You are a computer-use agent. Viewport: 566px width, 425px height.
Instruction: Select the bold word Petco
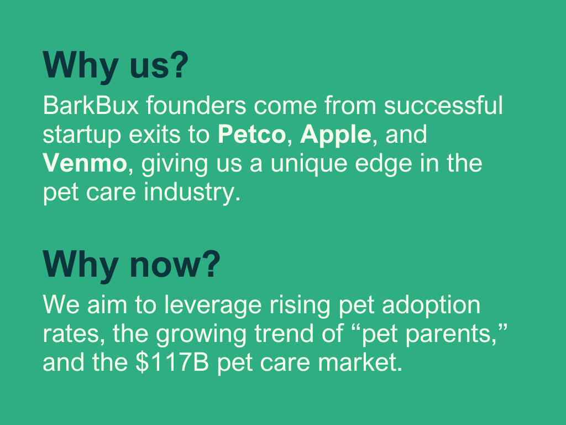(x=252, y=135)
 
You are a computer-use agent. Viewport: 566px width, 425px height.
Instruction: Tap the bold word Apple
(x=334, y=135)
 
